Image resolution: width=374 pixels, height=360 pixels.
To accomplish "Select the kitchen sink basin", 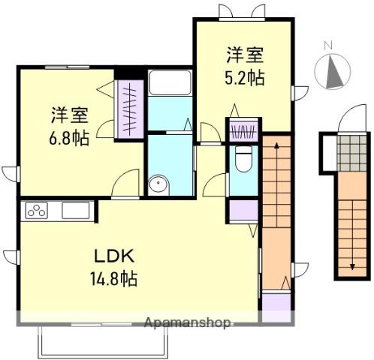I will coord(76,211).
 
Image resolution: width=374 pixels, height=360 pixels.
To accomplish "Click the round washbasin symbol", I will coord(158,184).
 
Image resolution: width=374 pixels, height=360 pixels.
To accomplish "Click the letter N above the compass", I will coord(327,46).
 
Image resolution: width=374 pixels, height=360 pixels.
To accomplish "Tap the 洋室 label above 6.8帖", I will coord(70,116).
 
